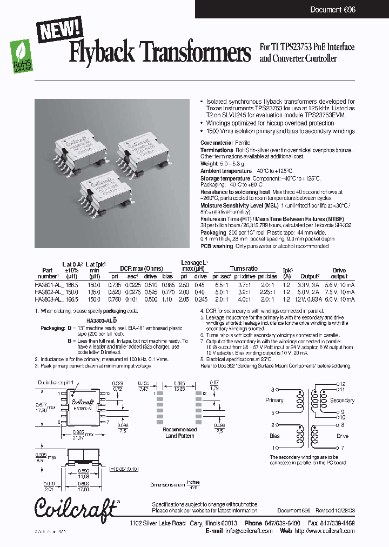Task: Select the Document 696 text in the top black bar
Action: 333,10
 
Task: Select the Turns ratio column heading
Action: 244,269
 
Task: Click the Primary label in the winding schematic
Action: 274,400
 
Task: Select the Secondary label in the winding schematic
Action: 342,401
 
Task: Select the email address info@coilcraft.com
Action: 249,531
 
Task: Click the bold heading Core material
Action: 217,143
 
